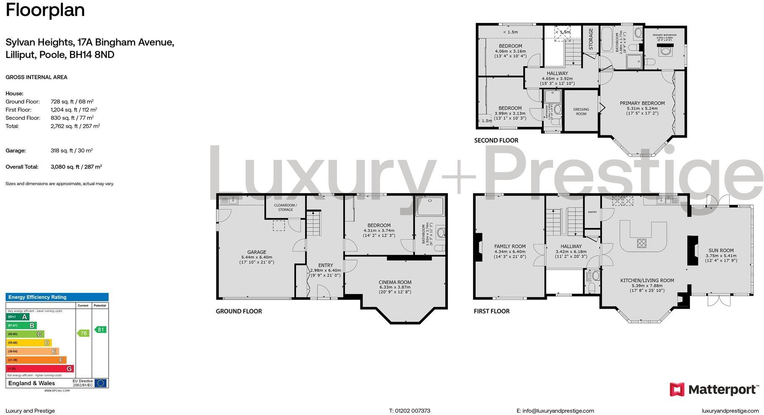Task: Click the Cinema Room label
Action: pyautogui.click(x=395, y=282)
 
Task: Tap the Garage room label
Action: pyautogui.click(x=257, y=252)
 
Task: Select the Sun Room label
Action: pyautogui.click(x=721, y=251)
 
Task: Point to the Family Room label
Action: pyautogui.click(x=509, y=246)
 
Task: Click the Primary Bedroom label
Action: pyautogui.click(x=642, y=103)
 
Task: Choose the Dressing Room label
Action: pyautogui.click(x=581, y=112)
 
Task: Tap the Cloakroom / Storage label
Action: pyautogui.click(x=286, y=207)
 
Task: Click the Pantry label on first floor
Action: pyautogui.click(x=592, y=212)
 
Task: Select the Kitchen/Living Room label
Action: pyautogui.click(x=647, y=281)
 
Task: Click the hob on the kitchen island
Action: pyautogui.click(x=641, y=243)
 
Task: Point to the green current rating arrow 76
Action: pyautogui.click(x=83, y=333)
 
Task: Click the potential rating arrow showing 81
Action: pyautogui.click(x=100, y=330)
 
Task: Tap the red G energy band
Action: pyautogui.click(x=40, y=369)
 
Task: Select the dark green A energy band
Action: pyautogui.click(x=18, y=317)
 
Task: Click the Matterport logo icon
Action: pyautogui.click(x=677, y=389)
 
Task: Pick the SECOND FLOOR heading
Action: pyautogui.click(x=496, y=141)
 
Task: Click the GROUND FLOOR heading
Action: pyautogui.click(x=239, y=311)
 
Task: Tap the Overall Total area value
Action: pyautogui.click(x=76, y=167)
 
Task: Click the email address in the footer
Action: pyautogui.click(x=555, y=411)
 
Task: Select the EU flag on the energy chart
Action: pyautogui.click(x=100, y=383)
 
